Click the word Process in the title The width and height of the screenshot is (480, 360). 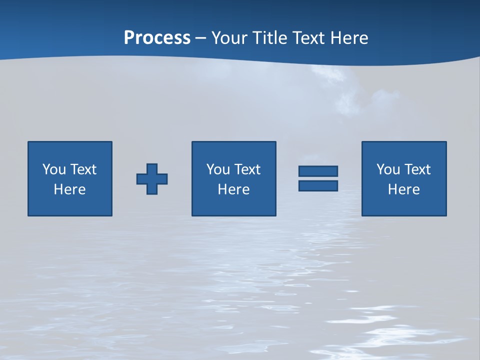(157, 38)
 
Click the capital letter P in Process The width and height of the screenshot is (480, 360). (129, 38)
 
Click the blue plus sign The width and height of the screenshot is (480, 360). (152, 178)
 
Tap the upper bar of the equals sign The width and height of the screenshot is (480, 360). (318, 171)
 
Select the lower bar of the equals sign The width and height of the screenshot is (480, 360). (318, 185)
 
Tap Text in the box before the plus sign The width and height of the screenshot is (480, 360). (83, 169)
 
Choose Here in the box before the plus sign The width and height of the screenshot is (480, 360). (69, 189)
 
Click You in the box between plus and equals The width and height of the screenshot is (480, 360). (218, 169)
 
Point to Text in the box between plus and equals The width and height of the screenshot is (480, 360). (247, 169)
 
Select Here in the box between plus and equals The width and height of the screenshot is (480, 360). (233, 189)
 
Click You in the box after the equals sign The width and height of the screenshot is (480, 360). (388, 169)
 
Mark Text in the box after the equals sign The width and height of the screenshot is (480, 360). (417, 169)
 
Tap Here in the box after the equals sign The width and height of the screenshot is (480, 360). (403, 189)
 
